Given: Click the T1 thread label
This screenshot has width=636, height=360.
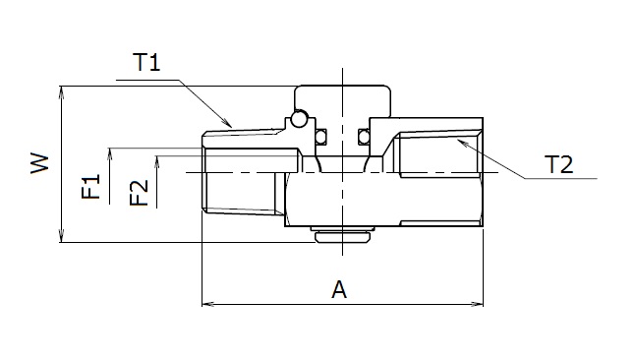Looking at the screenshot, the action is click(x=146, y=63).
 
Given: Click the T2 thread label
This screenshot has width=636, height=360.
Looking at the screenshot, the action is click(x=559, y=165).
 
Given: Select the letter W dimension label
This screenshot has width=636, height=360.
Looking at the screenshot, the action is click(x=39, y=163).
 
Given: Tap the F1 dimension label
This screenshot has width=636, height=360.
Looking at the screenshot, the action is click(x=90, y=186).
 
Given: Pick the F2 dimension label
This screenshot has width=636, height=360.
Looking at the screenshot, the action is click(x=139, y=193).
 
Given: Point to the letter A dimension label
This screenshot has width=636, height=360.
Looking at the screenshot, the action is click(x=339, y=290).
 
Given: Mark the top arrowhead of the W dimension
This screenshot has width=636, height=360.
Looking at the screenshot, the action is click(x=61, y=92).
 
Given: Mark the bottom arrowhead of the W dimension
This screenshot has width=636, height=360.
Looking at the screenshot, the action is click(x=61, y=236).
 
